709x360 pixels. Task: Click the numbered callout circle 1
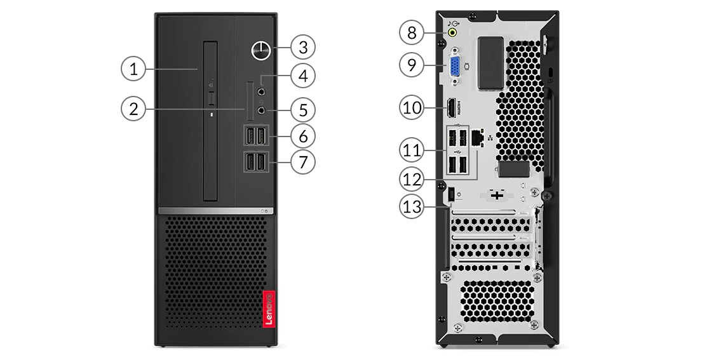(133, 69)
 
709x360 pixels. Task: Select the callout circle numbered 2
(133, 109)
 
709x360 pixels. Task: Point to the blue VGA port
(454, 67)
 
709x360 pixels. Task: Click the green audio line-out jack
(452, 32)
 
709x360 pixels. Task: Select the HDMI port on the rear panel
(451, 109)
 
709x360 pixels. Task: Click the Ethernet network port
(477, 137)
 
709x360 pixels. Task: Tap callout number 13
(412, 206)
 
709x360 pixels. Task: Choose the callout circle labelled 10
(412, 109)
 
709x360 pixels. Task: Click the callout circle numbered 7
(303, 162)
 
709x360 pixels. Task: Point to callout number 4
(303, 76)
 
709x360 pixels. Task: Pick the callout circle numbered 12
(412, 179)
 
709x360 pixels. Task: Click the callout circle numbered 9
(412, 65)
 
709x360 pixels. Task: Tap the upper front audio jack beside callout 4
(261, 91)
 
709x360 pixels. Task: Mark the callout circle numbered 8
(412, 33)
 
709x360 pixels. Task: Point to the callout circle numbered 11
(412, 149)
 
